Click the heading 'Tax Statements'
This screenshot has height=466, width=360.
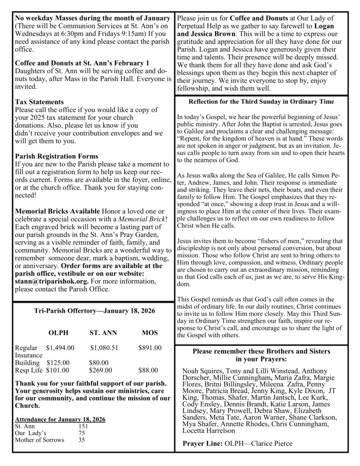39,101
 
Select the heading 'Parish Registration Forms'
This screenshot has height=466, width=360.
56,156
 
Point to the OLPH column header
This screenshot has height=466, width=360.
58,333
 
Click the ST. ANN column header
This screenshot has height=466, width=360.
103,333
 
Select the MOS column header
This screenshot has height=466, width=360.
150,333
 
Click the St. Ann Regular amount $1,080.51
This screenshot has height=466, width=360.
104,348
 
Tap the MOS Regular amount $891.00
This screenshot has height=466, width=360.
150,348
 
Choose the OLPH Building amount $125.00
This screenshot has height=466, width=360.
58,363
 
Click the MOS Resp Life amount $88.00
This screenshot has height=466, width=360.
148,370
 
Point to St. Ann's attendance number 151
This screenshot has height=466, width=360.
83,426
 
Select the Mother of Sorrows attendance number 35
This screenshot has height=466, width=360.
81,440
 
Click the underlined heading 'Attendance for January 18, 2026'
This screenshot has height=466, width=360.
60,420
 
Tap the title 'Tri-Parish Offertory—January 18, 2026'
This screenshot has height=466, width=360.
94,311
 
